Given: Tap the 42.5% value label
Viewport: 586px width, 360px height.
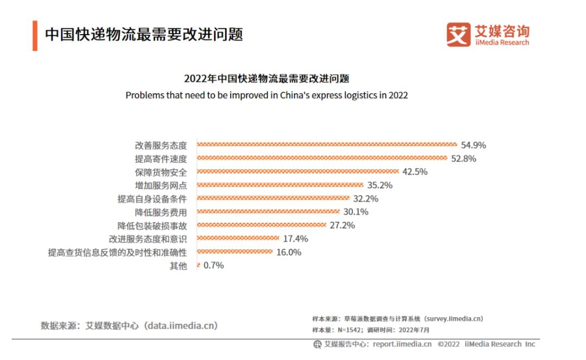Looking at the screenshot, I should tap(415, 172).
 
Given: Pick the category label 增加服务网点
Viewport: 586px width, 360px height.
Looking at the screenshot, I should tap(161, 185).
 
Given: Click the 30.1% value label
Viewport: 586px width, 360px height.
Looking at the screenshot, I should tap(356, 212).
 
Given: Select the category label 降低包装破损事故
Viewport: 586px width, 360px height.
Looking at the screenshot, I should tap(152, 226).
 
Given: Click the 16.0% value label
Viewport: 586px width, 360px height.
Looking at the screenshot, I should tap(289, 252).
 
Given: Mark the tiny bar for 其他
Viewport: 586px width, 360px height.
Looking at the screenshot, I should tap(198, 266).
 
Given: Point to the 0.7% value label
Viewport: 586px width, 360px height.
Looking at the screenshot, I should tap(213, 266).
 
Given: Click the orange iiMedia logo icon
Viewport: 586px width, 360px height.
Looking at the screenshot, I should tap(458, 35).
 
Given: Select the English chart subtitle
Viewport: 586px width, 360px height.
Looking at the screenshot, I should tap(266, 95).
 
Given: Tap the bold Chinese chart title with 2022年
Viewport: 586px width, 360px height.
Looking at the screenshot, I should tap(266, 79).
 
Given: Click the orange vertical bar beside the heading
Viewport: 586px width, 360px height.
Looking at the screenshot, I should tap(35, 35).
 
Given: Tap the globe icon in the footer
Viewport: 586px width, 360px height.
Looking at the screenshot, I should tap(317, 344).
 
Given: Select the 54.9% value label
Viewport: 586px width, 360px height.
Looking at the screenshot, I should tap(473, 145).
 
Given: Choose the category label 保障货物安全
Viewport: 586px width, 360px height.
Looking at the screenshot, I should tap(161, 172).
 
